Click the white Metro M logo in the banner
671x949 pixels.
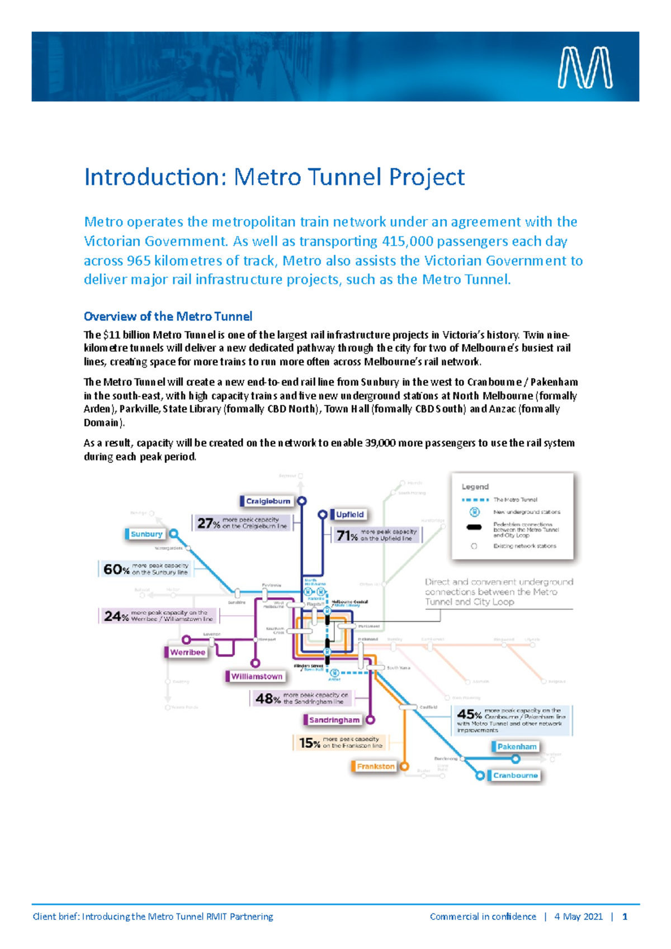[585, 68]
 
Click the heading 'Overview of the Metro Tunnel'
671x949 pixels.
[168, 316]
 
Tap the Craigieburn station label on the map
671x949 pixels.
[268, 501]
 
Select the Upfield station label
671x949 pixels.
[349, 514]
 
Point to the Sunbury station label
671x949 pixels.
[146, 534]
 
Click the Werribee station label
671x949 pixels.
[187, 652]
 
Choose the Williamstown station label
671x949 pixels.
[257, 676]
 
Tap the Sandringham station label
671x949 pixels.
[334, 720]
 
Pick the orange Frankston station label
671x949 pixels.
[375, 766]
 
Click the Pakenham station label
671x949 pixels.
[517, 747]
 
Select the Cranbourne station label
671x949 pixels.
[515, 775]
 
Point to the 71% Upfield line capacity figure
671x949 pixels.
[347, 535]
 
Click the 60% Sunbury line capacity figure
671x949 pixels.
[116, 569]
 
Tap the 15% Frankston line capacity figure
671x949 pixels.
[309, 743]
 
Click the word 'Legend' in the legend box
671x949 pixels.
[475, 487]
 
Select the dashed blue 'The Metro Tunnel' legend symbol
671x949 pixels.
[475, 500]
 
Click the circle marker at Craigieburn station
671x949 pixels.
[302, 501]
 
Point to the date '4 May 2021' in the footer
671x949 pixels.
[578, 917]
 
